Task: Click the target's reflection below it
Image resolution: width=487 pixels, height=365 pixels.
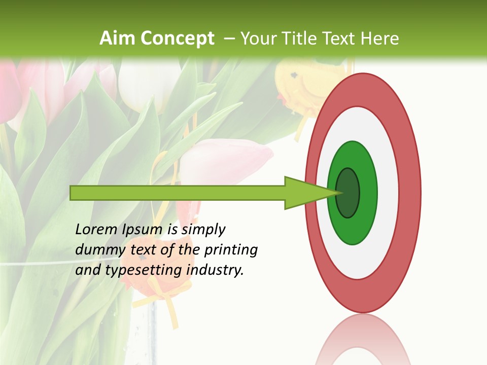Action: click(363, 340)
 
